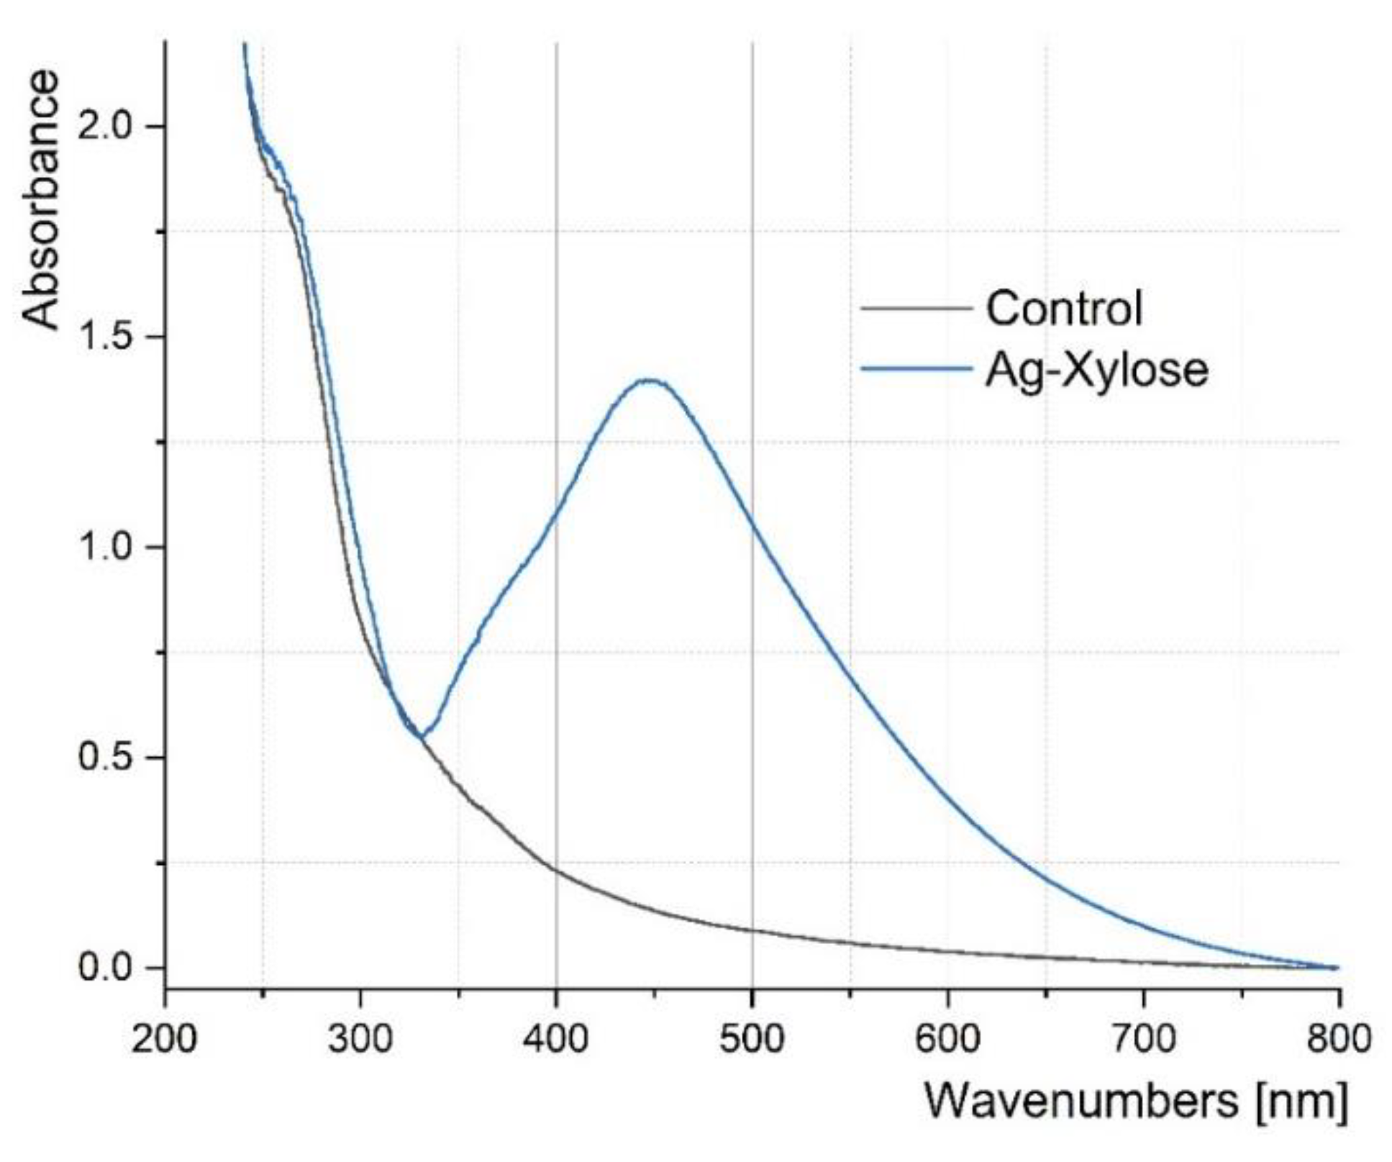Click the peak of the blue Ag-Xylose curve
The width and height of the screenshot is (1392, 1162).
pyautogui.click(x=650, y=381)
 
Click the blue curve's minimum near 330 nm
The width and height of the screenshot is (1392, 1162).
pyautogui.click(x=423, y=737)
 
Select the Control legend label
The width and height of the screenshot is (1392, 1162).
pyautogui.click(x=1063, y=309)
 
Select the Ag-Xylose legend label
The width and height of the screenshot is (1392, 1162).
pyautogui.click(x=1096, y=370)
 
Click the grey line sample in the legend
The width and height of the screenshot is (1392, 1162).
pyautogui.click(x=916, y=309)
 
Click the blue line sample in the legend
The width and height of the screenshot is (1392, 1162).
pyautogui.click(x=916, y=369)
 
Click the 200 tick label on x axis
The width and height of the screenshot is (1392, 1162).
pyautogui.click(x=164, y=1040)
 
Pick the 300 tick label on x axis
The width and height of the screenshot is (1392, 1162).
pyautogui.click(x=360, y=1040)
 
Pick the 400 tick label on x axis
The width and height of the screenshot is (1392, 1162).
pyautogui.click(x=555, y=1040)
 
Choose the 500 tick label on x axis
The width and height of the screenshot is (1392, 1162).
pyautogui.click(x=752, y=1040)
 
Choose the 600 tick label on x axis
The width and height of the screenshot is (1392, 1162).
pyautogui.click(x=947, y=1040)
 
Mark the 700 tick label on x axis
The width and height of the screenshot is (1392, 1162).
pyautogui.click(x=1143, y=1040)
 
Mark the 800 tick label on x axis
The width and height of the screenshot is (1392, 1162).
pyautogui.click(x=1338, y=1040)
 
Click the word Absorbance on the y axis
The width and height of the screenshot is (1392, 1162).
pyautogui.click(x=40, y=200)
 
